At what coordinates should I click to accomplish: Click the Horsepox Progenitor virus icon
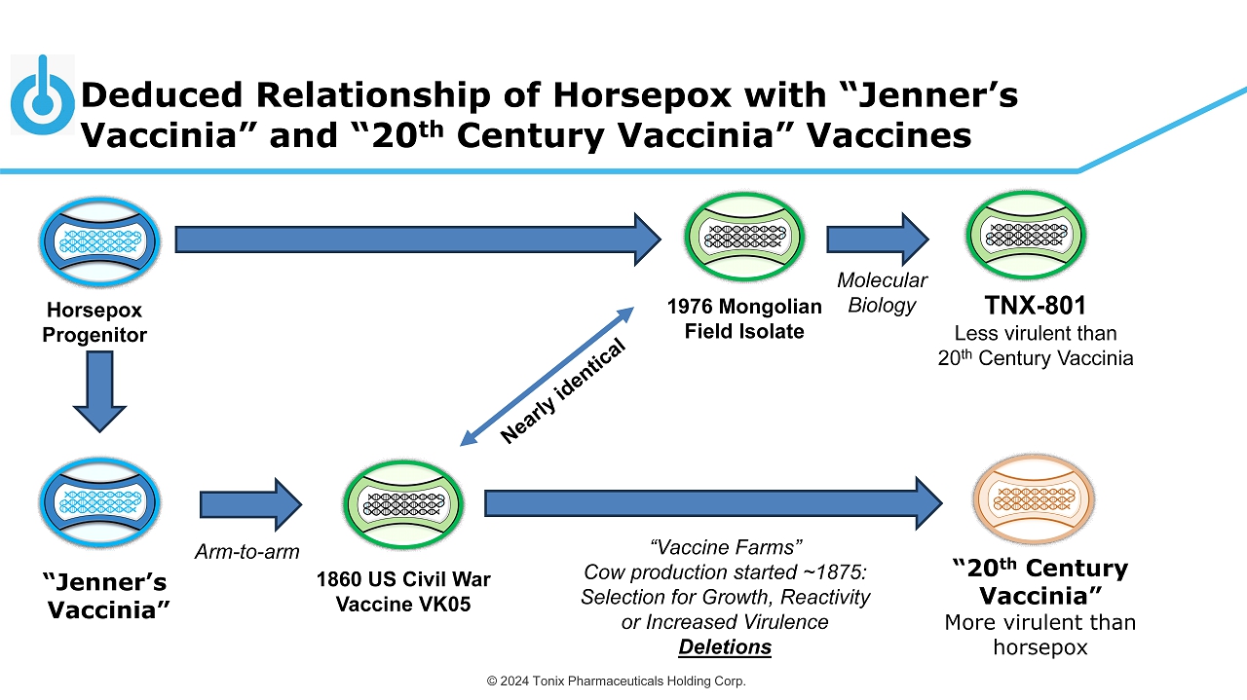coord(99,242)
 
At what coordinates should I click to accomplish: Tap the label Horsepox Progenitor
coord(94,322)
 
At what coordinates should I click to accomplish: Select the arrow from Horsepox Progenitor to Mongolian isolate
coord(418,239)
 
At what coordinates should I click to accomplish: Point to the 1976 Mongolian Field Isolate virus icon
coord(744,237)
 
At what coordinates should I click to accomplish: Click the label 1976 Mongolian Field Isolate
coord(744,318)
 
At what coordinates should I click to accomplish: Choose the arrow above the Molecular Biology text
coord(878,239)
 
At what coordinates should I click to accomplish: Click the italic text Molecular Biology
coord(882,293)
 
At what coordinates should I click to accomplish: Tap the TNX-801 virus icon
coord(1026,235)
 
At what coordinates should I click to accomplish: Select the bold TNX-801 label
coord(1036,306)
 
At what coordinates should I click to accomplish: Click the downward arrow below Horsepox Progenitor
coord(99,391)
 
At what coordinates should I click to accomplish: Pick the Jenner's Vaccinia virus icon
coord(99,503)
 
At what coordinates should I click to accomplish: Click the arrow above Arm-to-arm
coord(251,504)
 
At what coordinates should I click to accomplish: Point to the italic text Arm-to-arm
coord(247,552)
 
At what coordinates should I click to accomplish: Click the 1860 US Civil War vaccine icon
coord(403,504)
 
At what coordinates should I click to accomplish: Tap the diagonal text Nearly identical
coord(563,391)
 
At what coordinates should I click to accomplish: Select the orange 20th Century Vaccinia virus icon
coord(1034,499)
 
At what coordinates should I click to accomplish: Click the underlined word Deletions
coord(725,647)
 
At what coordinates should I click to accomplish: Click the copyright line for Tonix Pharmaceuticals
coord(617,682)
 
